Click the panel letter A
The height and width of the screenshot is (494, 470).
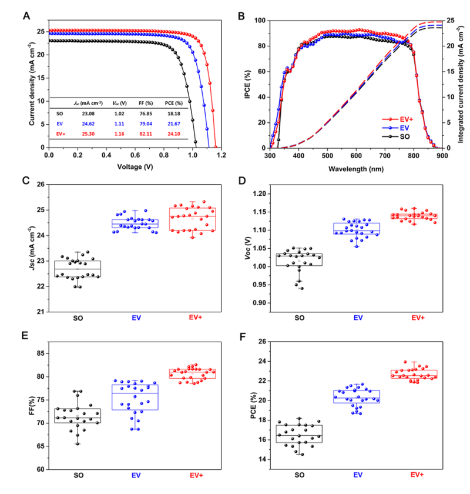(x=26, y=15)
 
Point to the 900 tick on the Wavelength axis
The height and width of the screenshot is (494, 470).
(x=442, y=157)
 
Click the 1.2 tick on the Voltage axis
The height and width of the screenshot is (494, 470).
(x=221, y=157)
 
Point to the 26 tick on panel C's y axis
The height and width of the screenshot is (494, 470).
(x=39, y=185)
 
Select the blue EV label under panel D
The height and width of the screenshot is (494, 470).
(x=358, y=318)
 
